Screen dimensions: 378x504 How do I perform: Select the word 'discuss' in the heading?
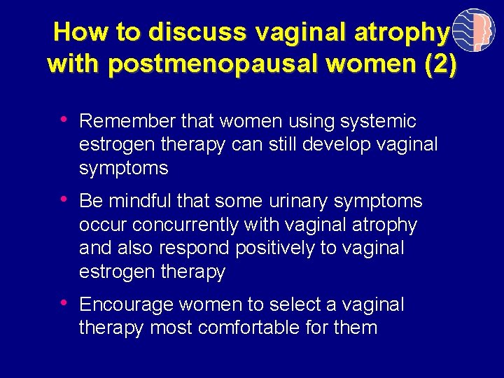pos(198,32)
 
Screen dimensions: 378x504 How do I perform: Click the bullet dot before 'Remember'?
pos(65,120)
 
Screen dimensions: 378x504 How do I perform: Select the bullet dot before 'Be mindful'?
pos(65,200)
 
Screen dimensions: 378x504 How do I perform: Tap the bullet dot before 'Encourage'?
pos(65,303)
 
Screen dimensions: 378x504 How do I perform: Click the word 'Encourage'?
pos(127,305)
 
